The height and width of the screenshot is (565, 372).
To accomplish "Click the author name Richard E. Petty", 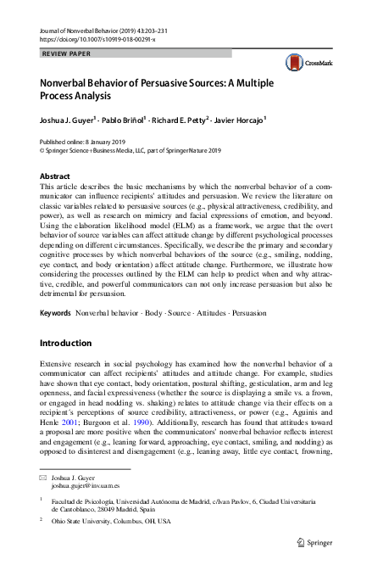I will (178, 120).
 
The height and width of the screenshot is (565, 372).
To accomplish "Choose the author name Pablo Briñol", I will (120, 120).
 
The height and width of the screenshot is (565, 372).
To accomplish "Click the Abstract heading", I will (56, 176).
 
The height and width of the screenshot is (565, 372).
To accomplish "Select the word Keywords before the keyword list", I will (55, 313).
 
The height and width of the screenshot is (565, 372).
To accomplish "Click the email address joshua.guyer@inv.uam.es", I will (86, 488).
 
